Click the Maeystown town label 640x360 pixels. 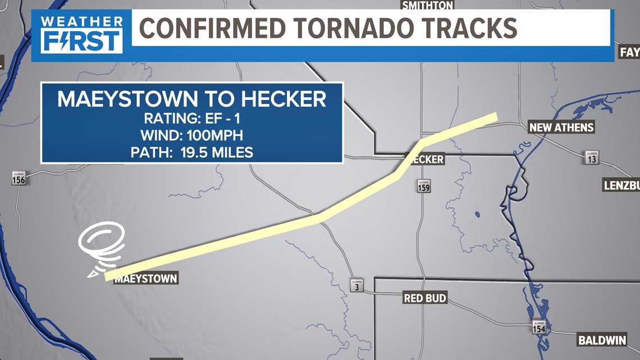click(x=145, y=278)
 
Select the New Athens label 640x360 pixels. click(x=561, y=127)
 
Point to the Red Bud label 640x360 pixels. click(x=425, y=298)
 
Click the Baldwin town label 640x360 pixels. click(x=601, y=340)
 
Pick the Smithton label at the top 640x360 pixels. click(x=427, y=5)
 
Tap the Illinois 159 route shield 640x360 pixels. click(x=423, y=186)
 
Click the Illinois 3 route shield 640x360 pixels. click(x=356, y=285)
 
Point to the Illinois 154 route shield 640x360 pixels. click(x=540, y=327)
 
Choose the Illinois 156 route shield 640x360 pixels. click(x=19, y=177)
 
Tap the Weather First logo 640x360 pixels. click(x=82, y=34)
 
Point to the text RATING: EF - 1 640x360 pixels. click(x=192, y=119)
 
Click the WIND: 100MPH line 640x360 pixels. click(x=192, y=135)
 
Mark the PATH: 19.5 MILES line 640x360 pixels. click(x=192, y=152)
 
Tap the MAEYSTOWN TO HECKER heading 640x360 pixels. click(x=192, y=99)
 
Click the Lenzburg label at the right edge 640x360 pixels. click(x=621, y=185)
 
